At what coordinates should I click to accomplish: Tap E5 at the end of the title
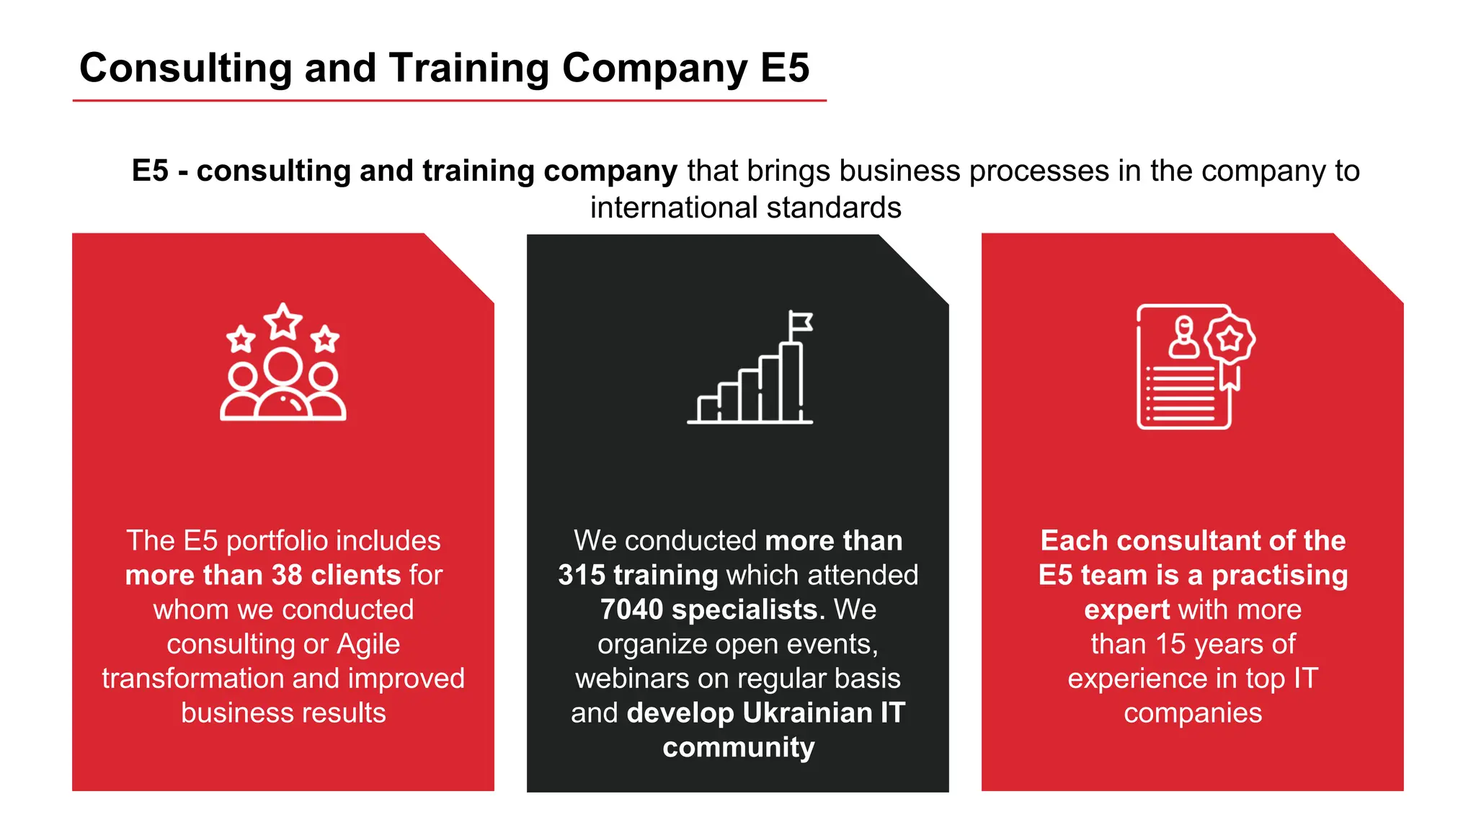[x=785, y=68]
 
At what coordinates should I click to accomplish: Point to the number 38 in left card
[x=287, y=576]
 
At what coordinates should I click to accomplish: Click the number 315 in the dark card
[x=581, y=576]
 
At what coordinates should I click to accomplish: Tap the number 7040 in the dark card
[x=631, y=610]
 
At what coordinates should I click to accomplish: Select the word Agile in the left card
[x=368, y=644]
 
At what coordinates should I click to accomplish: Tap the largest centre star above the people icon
[x=283, y=321]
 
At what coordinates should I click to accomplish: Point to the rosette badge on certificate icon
[x=1230, y=338]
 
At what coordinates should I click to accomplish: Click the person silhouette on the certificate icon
[x=1183, y=338]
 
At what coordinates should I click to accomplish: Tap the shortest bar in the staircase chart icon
[x=708, y=409]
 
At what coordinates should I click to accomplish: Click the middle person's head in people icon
[x=283, y=366]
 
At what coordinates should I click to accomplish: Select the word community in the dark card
[x=738, y=748]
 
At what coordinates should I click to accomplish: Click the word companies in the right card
[x=1192, y=713]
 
